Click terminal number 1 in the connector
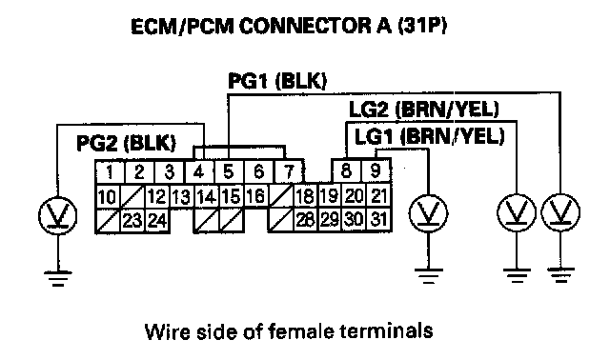tap(110, 171)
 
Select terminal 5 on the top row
tap(229, 171)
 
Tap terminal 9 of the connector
tap(376, 170)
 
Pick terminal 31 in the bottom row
tap(378, 220)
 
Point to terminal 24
tap(158, 220)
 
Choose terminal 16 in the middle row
tap(255, 196)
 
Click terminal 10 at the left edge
tap(108, 196)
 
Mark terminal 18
tap(305, 196)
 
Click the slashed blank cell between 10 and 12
tap(132, 196)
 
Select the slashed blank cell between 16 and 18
tap(280, 196)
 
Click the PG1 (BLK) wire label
tap(277, 81)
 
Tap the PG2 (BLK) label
tap(126, 143)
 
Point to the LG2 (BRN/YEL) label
tap(423, 110)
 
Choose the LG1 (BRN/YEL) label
tap(430, 136)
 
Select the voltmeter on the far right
tap(560, 212)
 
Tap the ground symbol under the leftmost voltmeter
tap(57, 278)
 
